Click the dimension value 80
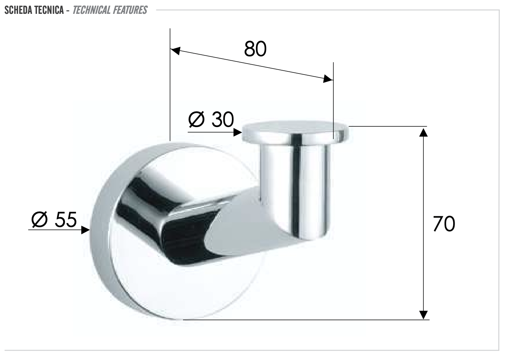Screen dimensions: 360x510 255,49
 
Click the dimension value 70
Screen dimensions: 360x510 444,224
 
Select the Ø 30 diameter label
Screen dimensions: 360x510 211,120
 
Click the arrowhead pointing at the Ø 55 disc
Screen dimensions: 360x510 85,230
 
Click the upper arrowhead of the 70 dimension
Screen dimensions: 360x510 423,132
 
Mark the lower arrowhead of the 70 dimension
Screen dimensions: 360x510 423,315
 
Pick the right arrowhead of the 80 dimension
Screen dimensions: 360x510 328,79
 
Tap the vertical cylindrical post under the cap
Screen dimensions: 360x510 295,185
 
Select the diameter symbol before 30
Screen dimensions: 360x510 196,120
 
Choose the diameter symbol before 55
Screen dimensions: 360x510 40,219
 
